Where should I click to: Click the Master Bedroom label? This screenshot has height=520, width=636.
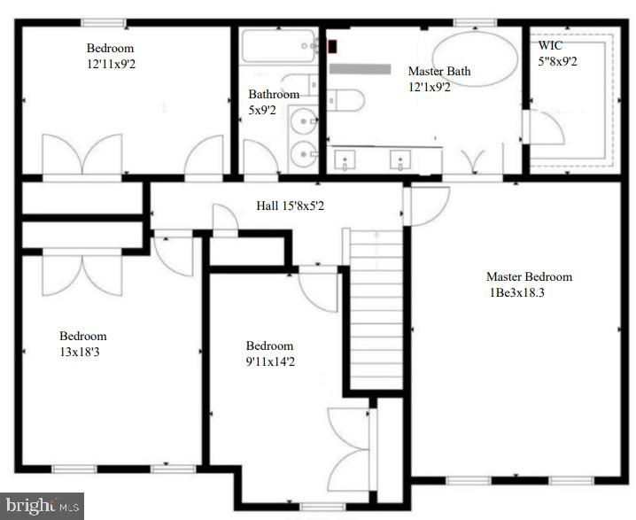coord(529,276)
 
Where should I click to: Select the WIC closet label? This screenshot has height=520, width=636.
coord(551,44)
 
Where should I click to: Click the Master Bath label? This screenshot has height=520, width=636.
coord(438,71)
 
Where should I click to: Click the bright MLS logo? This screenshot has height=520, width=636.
coord(42,506)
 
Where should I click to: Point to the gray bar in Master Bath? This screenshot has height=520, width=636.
coord(360,68)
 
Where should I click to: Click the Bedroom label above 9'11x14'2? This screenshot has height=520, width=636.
coord(269,345)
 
